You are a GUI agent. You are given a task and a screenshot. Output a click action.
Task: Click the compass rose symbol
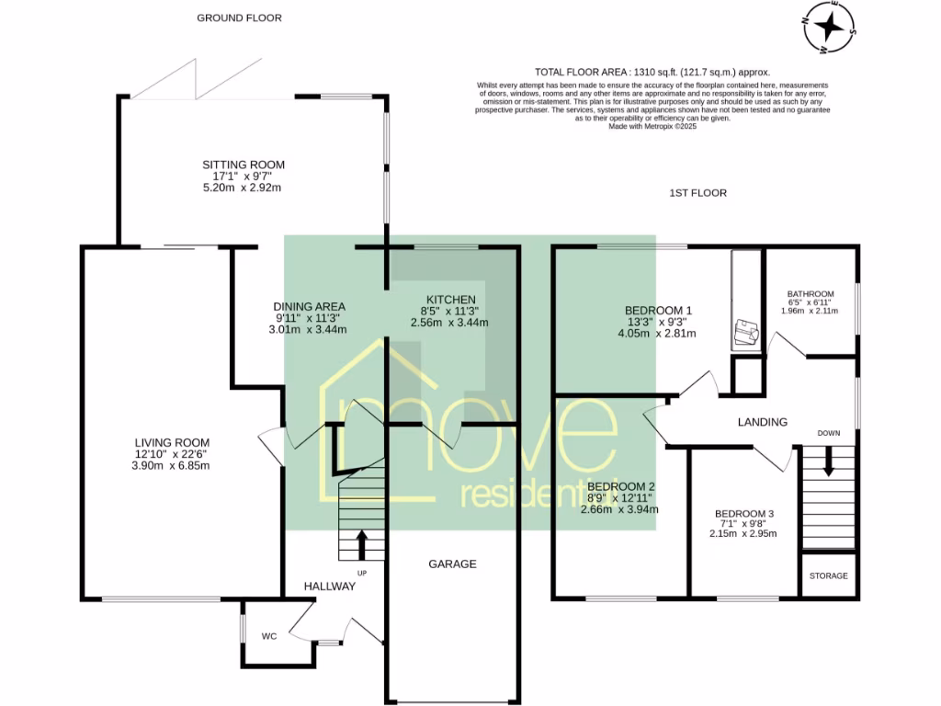(x=829, y=26)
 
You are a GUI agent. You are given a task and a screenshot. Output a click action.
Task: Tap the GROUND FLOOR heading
(x=239, y=17)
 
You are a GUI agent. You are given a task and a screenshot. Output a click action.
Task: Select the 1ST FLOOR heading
(x=697, y=193)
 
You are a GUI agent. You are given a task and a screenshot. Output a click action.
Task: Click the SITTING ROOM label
(x=244, y=165)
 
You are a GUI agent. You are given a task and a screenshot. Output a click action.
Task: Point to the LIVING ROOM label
(x=173, y=441)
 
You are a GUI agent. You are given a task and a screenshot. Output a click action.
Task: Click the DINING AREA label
(x=309, y=306)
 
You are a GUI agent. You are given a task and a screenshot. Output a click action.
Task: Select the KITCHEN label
(x=449, y=300)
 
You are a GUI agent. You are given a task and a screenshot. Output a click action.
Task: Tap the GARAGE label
(x=453, y=564)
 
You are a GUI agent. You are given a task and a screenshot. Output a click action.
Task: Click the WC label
(x=269, y=635)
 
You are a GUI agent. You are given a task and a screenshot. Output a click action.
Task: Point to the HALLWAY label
(x=329, y=586)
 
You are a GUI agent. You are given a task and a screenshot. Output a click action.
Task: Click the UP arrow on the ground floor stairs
(x=360, y=543)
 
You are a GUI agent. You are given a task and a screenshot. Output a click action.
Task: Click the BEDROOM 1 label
(x=657, y=310)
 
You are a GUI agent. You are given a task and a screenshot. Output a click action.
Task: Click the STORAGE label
(x=829, y=575)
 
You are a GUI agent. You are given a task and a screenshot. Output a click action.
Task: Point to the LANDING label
(x=763, y=422)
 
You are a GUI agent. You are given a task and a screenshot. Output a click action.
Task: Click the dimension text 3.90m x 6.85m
(x=173, y=465)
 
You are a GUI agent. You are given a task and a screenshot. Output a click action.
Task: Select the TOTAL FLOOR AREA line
(x=652, y=72)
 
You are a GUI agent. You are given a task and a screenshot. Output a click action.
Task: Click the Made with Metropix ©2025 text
(x=652, y=127)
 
